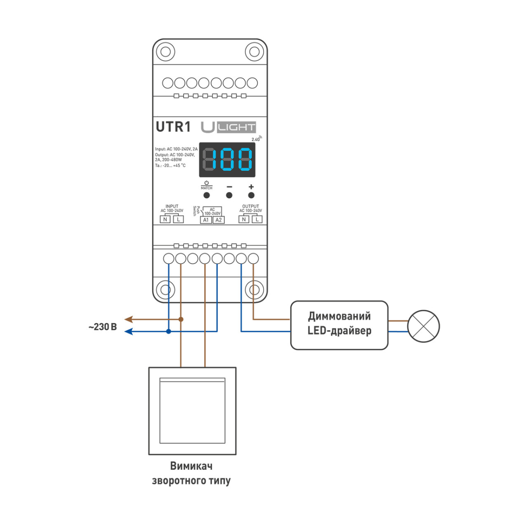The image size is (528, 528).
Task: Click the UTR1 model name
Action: pyautogui.click(x=173, y=127)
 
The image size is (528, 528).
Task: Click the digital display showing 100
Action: pyautogui.click(x=227, y=159)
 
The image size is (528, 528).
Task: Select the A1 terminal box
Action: pyautogui.click(x=206, y=220)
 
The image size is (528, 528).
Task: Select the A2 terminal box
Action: pyautogui.click(x=219, y=220)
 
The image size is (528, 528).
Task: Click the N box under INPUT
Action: pyautogui.click(x=165, y=219)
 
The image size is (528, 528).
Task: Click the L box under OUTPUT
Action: pyautogui.click(x=257, y=219)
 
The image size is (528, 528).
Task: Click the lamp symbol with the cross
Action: pyautogui.click(x=423, y=326)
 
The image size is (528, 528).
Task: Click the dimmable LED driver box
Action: pyautogui.click(x=339, y=325)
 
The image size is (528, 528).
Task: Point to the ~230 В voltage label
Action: pyautogui.click(x=103, y=327)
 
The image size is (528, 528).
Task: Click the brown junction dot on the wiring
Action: pyautogui.click(x=181, y=319)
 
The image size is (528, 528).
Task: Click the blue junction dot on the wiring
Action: pyautogui.click(x=169, y=331)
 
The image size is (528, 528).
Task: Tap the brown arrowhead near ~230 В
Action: pyautogui.click(x=128, y=319)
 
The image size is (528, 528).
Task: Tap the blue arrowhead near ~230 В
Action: pyautogui.click(x=128, y=331)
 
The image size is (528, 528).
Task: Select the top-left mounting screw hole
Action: pyautogui.click(x=165, y=51)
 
